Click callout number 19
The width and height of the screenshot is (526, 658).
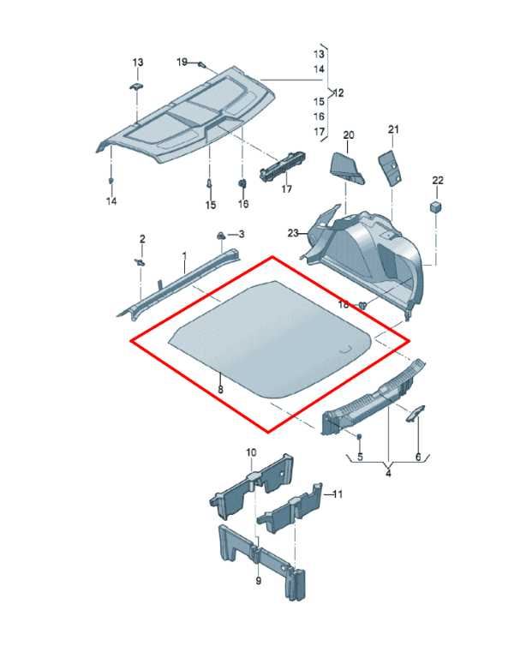[182, 62]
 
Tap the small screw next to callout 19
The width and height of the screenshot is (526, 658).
[202, 65]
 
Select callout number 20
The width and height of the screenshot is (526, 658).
[349, 135]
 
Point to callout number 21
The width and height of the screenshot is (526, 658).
[393, 129]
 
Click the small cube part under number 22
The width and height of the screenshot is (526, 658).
[436, 206]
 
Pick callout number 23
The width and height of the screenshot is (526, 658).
[293, 233]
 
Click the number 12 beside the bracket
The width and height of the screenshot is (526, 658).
[338, 93]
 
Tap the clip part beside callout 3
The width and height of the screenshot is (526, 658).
[221, 236]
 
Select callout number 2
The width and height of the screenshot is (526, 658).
[142, 239]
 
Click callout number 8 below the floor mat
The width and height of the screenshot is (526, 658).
[221, 390]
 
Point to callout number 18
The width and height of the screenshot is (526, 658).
[344, 304]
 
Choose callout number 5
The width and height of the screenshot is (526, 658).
[361, 457]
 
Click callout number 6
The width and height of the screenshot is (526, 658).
[418, 457]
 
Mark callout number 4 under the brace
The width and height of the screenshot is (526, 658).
[388, 473]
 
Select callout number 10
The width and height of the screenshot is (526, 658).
[251, 452]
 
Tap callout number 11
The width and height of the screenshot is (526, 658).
[338, 494]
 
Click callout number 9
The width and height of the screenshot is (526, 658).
[259, 580]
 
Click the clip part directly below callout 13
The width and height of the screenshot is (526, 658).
[136, 87]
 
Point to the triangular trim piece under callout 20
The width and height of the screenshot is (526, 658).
[347, 168]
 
